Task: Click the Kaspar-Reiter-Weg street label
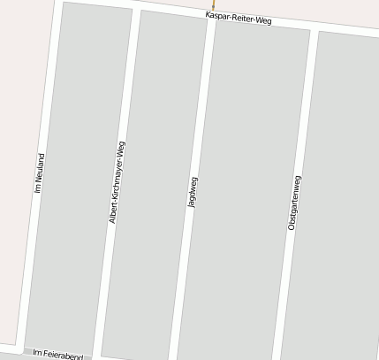click(239, 18)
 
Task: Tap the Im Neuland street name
click(39, 172)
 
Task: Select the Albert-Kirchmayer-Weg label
click(117, 182)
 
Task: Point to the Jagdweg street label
click(193, 192)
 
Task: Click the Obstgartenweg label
click(295, 203)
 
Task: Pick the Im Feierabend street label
click(57, 354)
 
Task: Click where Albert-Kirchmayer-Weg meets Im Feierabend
click(96, 356)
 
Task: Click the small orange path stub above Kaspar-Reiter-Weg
click(213, 4)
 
